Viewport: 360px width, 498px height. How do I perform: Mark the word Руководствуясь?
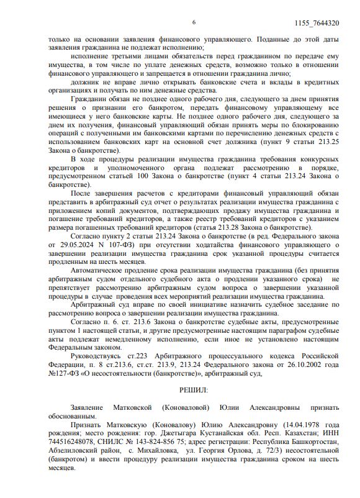[98, 355]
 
